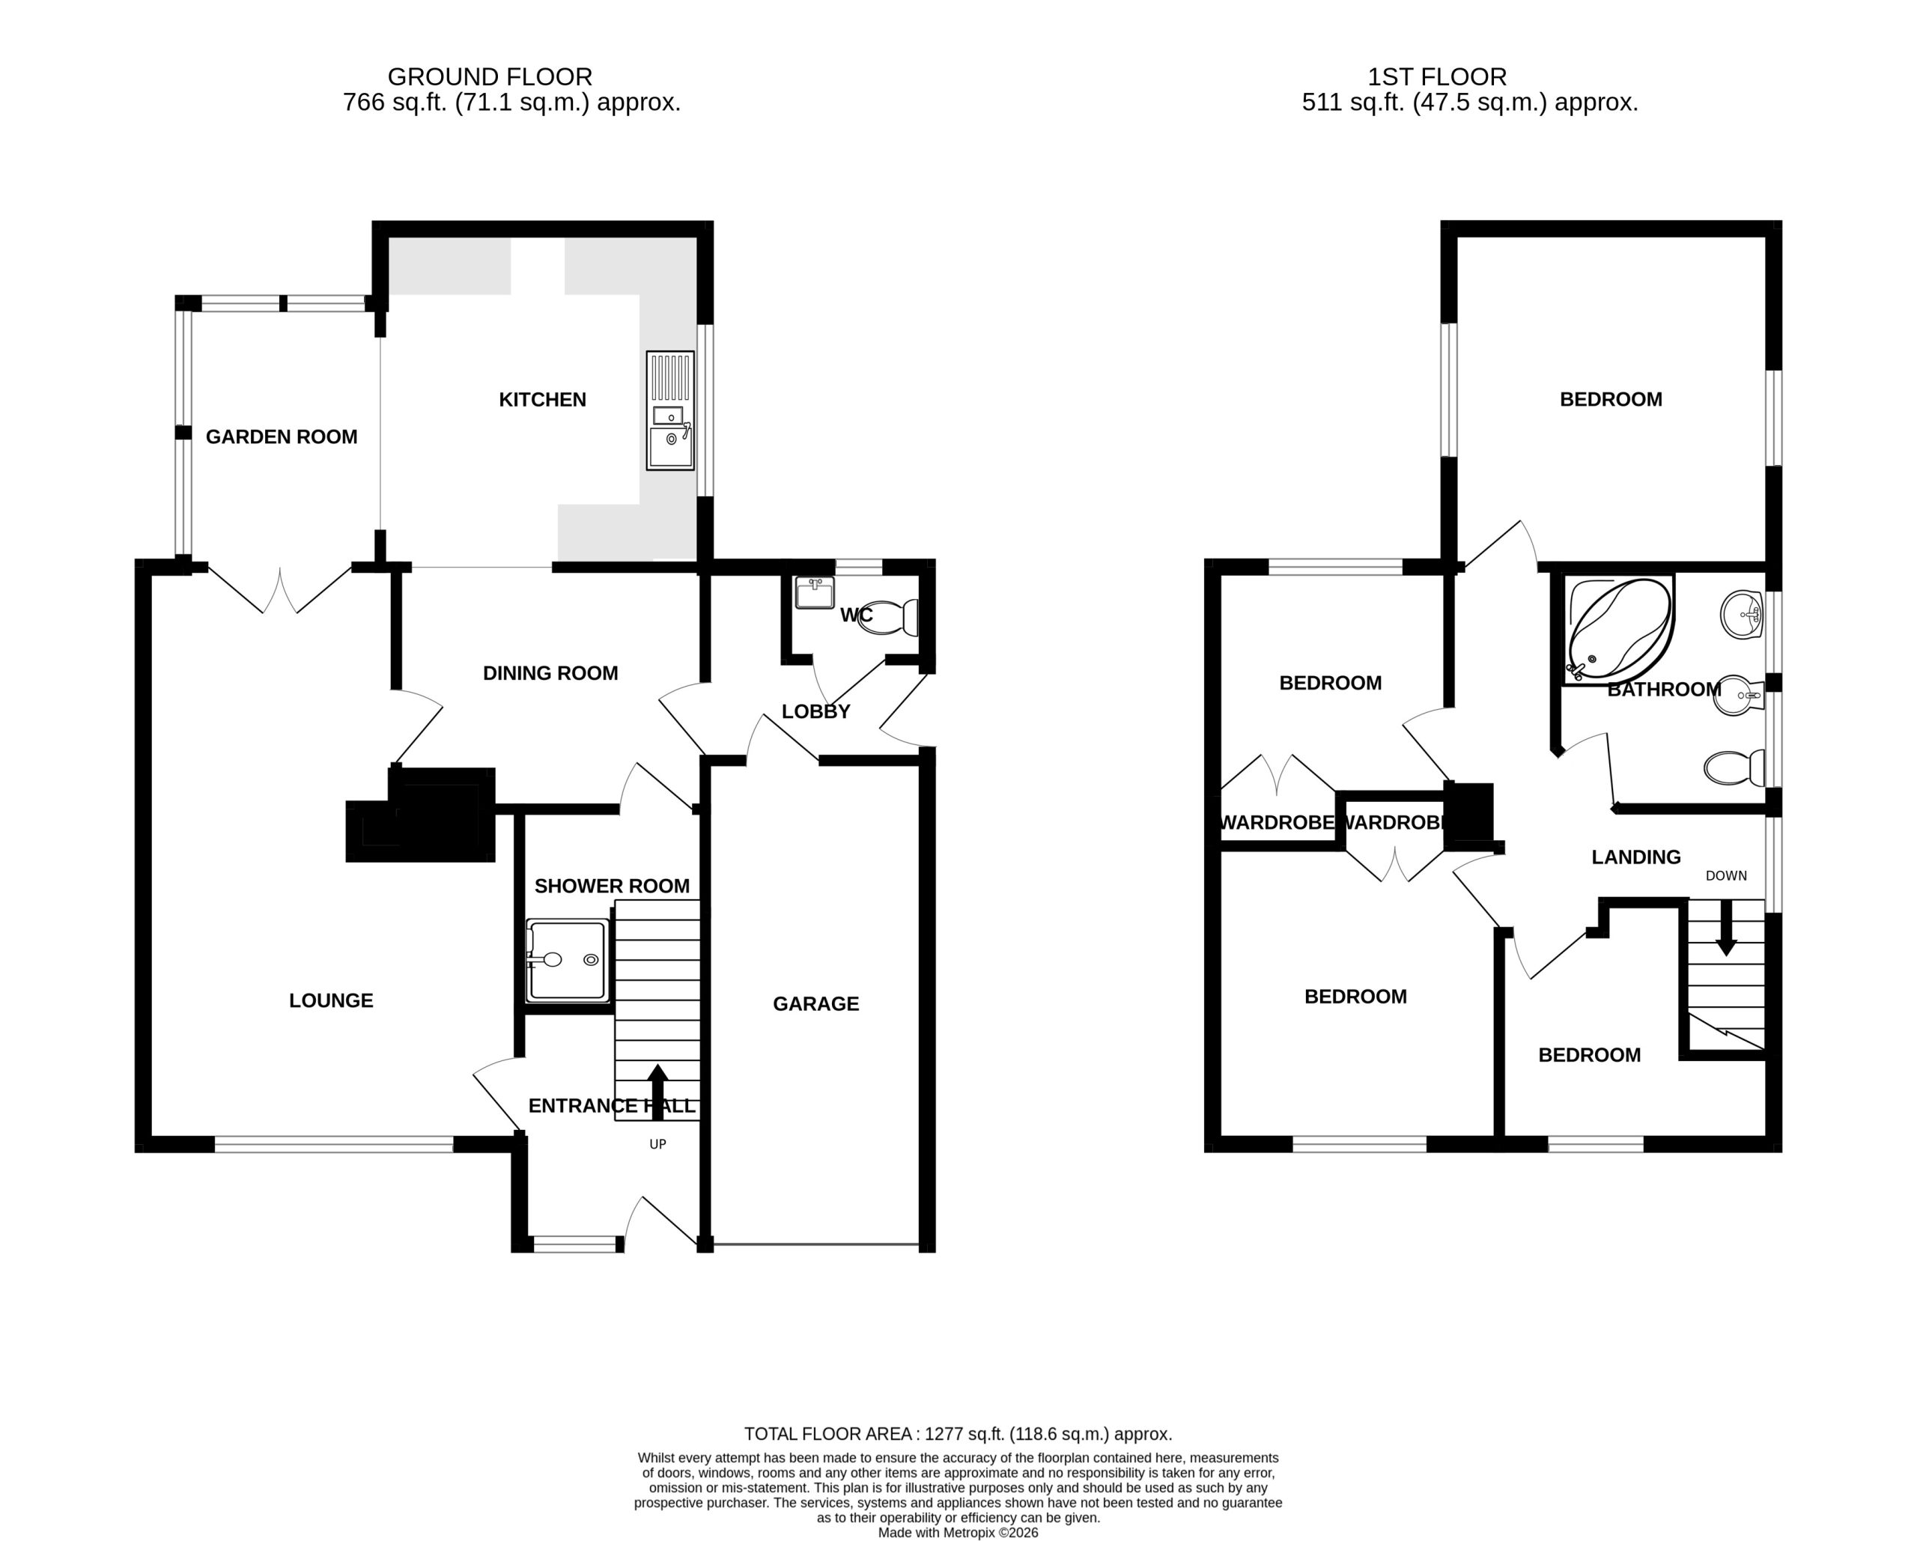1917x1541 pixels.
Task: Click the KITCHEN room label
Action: [542, 400]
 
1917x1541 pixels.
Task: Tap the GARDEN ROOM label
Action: [281, 437]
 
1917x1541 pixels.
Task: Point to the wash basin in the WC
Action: [815, 593]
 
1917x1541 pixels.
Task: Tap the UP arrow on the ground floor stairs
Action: [658, 1091]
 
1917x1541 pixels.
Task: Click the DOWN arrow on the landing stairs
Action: [1726, 928]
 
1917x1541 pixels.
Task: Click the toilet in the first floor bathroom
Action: [1734, 768]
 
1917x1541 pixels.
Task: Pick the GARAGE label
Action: [816, 1004]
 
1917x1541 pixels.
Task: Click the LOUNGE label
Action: [331, 1000]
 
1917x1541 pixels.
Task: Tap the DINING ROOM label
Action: [550, 673]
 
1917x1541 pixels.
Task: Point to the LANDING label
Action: [1636, 857]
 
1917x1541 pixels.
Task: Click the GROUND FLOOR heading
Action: [490, 77]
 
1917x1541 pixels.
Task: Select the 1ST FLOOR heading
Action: [1437, 77]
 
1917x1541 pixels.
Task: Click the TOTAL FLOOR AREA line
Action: [958, 1433]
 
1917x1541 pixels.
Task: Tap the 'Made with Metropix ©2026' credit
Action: [958, 1533]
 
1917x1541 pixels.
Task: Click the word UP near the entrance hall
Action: [658, 1144]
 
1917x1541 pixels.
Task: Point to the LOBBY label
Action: [816, 711]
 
